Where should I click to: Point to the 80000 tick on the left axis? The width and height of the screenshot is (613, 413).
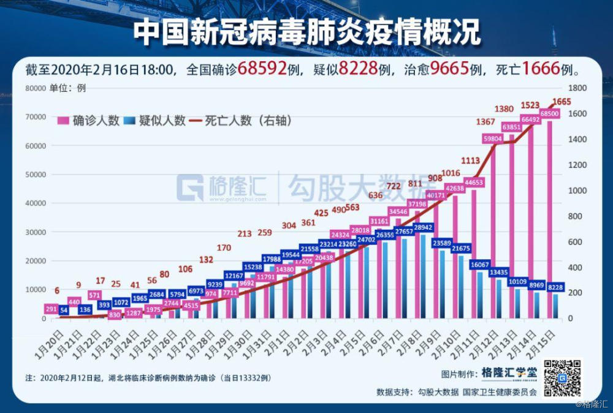tap(36, 88)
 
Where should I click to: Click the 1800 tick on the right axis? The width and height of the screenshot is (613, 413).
tap(579, 88)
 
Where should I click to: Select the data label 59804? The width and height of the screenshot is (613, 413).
tap(493, 139)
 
